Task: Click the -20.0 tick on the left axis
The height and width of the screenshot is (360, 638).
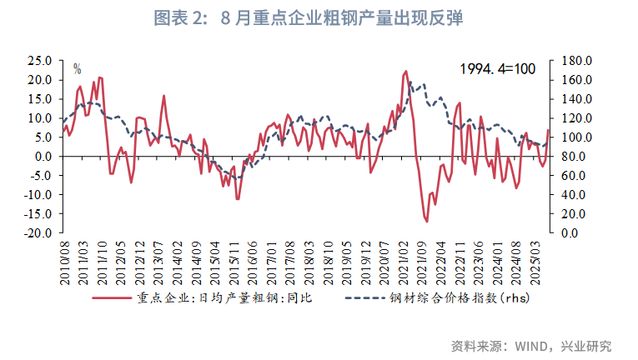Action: tap(37, 233)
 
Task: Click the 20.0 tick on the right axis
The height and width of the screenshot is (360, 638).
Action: tap(575, 214)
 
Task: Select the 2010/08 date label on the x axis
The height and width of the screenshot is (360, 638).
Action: tap(64, 260)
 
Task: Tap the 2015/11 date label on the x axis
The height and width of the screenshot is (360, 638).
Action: tap(236, 260)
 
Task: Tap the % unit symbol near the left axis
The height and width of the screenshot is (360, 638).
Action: tap(77, 68)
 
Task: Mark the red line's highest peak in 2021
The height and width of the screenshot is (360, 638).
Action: tap(405, 72)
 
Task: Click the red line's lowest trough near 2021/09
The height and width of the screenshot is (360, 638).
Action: tap(426, 222)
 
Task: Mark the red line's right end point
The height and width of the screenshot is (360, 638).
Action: tap(548, 130)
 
